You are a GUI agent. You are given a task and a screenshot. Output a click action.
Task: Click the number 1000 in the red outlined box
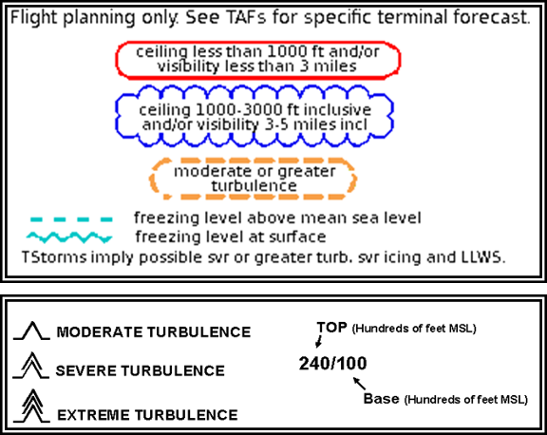tap(281, 51)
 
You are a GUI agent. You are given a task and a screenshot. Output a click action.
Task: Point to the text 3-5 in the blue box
tap(276, 124)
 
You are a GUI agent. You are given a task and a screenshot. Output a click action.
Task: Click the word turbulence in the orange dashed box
tap(254, 185)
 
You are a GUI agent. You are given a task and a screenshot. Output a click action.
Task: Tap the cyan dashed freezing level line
tap(71, 219)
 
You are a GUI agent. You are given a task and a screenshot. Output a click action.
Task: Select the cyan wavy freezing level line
tap(69, 237)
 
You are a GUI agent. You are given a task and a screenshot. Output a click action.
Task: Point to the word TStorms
tap(54, 257)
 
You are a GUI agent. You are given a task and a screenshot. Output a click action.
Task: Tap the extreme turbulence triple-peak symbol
tap(32, 407)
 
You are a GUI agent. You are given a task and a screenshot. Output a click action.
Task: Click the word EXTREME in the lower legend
tap(94, 415)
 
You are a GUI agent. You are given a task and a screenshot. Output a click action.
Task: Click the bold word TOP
tap(332, 328)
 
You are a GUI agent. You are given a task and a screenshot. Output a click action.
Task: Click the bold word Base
tap(382, 398)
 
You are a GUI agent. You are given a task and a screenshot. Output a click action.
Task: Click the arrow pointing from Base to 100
tap(360, 384)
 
